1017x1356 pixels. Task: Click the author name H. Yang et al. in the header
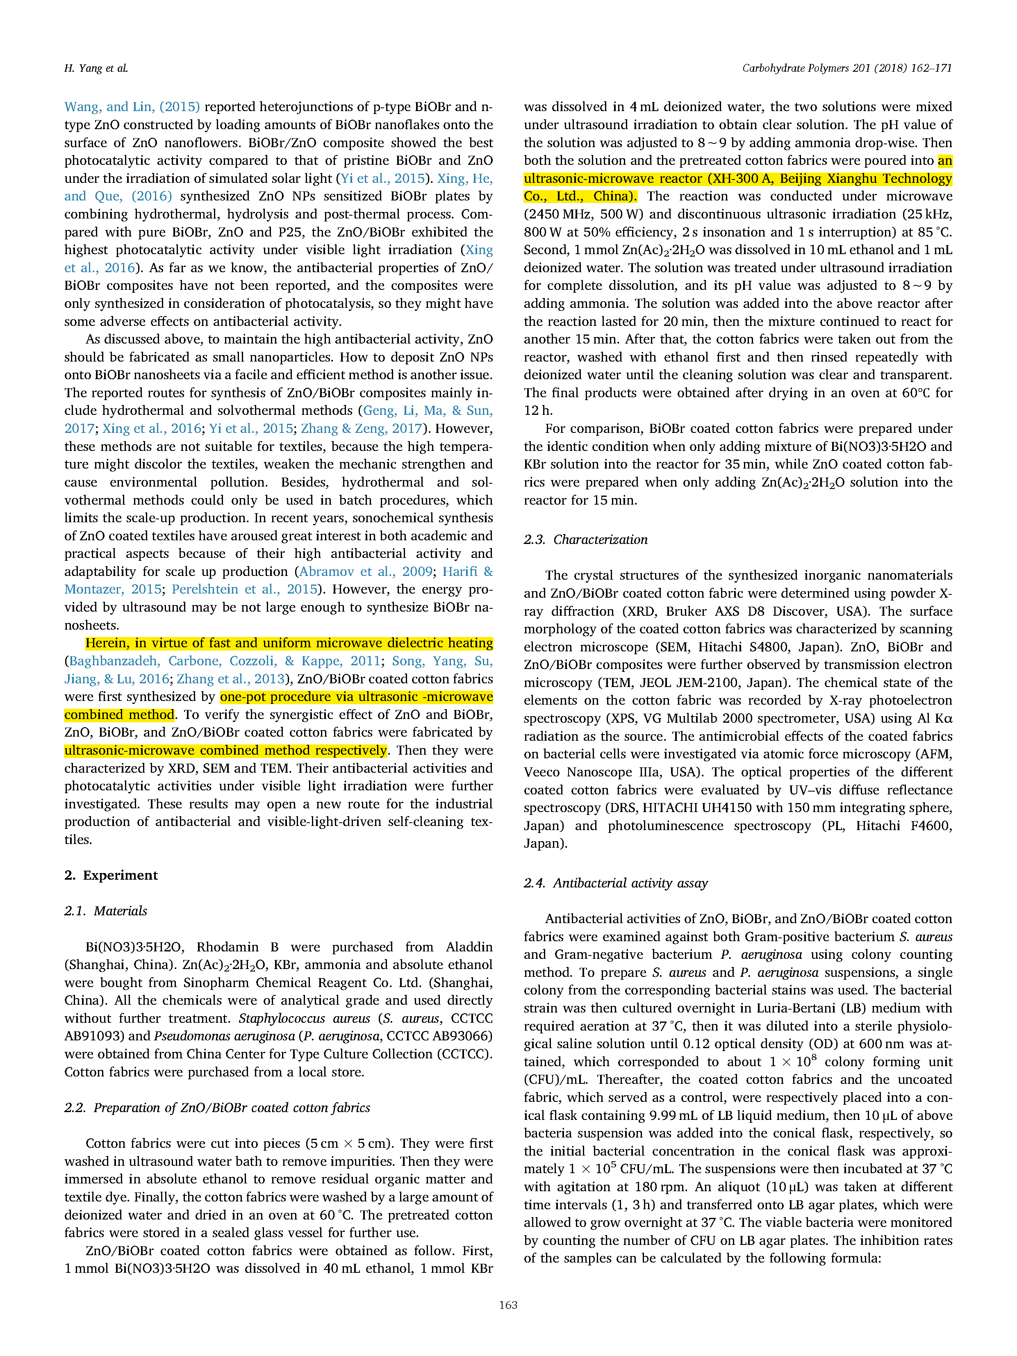tap(96, 68)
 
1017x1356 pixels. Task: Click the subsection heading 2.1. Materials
tap(105, 911)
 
